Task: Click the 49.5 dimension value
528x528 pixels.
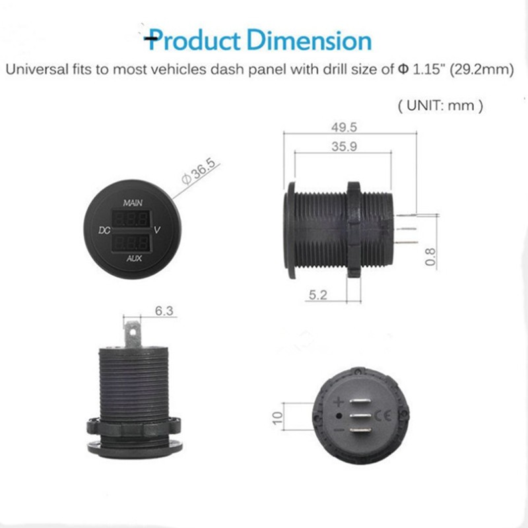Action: click(344, 127)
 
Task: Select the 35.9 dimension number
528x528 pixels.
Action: click(344, 147)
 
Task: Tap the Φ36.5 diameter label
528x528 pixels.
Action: click(198, 172)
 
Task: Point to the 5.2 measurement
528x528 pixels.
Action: click(318, 295)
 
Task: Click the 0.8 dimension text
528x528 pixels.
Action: click(430, 257)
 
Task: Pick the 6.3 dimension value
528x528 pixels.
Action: click(164, 310)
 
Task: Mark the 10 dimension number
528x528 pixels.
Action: click(277, 418)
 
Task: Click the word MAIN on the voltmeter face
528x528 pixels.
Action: click(133, 203)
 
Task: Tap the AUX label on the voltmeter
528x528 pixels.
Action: click(134, 258)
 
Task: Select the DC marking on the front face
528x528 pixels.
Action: click(104, 230)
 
